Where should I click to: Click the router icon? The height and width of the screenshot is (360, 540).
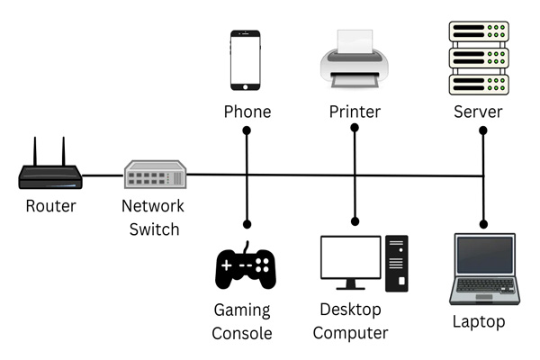pyautogui.click(x=50, y=172)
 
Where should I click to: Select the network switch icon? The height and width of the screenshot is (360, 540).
pyautogui.click(x=156, y=175)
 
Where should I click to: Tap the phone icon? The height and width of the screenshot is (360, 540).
pyautogui.click(x=245, y=60)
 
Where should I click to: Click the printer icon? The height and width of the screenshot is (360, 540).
pyautogui.click(x=355, y=58)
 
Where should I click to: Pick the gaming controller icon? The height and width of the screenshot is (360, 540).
pyautogui.click(x=245, y=266)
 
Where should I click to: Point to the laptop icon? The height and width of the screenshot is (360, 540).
pyautogui.click(x=485, y=269)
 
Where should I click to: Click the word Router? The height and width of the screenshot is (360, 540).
pyautogui.click(x=50, y=206)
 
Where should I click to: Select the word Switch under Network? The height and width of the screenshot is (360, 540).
pyautogui.click(x=154, y=229)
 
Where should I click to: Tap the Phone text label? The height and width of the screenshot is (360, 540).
pyautogui.click(x=247, y=112)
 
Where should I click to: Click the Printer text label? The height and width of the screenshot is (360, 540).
pyautogui.click(x=355, y=112)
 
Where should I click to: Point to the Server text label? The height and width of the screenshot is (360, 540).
pyautogui.click(x=478, y=112)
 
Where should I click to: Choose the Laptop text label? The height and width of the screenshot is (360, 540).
pyautogui.click(x=479, y=322)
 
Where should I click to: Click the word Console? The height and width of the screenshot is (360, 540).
pyautogui.click(x=242, y=334)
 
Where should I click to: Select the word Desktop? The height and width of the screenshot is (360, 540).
pyautogui.click(x=350, y=310)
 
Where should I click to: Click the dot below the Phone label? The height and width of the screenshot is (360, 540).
pyautogui.click(x=247, y=130)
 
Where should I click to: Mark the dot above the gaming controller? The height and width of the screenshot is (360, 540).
pyautogui.click(x=247, y=225)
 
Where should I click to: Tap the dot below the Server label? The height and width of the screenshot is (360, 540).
pyautogui.click(x=483, y=130)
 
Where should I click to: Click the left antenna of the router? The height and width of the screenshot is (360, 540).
pyautogui.click(x=35, y=151)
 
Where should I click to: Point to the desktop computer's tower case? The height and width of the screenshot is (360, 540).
pyautogui.click(x=397, y=264)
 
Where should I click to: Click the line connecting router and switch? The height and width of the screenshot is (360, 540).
pyautogui.click(x=103, y=175)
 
